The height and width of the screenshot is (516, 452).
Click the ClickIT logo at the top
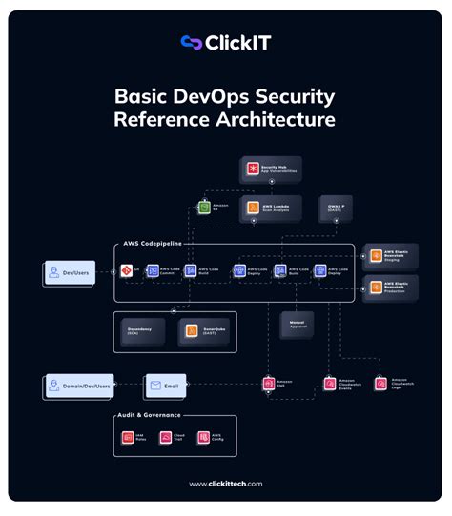(x=225, y=43)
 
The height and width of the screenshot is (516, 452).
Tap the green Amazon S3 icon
(x=204, y=206)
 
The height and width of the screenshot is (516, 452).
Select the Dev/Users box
(x=71, y=274)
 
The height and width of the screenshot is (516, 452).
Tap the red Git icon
(x=127, y=270)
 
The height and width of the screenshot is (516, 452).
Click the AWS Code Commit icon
(x=153, y=271)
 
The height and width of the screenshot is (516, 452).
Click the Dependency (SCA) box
(x=143, y=330)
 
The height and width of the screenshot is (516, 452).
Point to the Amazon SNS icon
(x=270, y=385)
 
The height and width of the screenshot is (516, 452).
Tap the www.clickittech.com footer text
(x=225, y=484)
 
